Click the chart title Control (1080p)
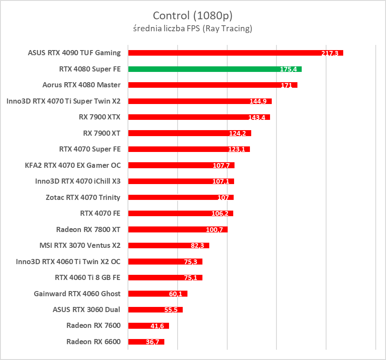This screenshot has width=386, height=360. (193, 16)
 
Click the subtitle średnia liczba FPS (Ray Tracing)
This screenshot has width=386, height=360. (193, 29)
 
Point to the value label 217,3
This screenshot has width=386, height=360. (330, 54)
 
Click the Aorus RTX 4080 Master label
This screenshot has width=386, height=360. (81, 85)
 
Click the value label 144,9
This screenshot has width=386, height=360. (258, 101)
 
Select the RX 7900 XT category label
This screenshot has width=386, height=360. (101, 133)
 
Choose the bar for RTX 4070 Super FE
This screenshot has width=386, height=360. (189, 149)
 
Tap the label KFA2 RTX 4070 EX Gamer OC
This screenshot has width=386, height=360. (73, 165)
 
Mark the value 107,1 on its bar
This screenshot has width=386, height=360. (221, 181)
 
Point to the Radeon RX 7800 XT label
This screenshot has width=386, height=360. (88, 229)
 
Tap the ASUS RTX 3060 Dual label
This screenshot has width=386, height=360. (86, 309)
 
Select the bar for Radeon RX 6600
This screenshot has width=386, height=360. (146, 342)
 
